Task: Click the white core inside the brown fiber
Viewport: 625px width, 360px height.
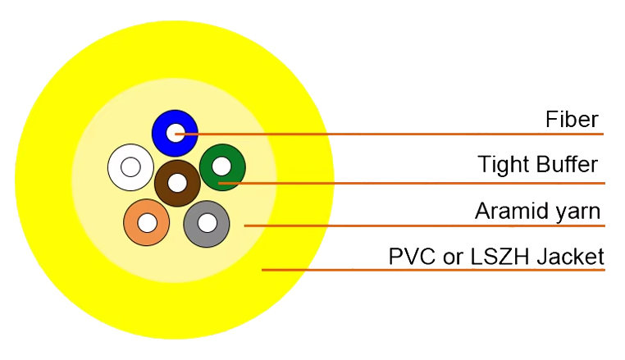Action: [x=177, y=183]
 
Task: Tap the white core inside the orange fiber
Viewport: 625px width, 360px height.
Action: [x=147, y=222]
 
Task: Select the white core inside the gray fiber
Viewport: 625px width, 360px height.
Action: [x=208, y=223]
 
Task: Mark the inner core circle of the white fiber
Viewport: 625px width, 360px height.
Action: [x=130, y=167]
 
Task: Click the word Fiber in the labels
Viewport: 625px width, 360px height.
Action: [x=572, y=119]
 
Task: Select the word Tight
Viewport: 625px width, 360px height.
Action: [x=504, y=165]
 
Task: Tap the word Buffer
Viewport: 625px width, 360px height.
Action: [x=568, y=164]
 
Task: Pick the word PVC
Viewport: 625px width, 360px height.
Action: [x=412, y=257]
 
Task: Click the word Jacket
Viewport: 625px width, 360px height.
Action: [x=570, y=257]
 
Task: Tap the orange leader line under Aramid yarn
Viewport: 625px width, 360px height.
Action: [x=425, y=226]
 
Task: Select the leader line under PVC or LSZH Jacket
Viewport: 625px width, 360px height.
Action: [x=433, y=270]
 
